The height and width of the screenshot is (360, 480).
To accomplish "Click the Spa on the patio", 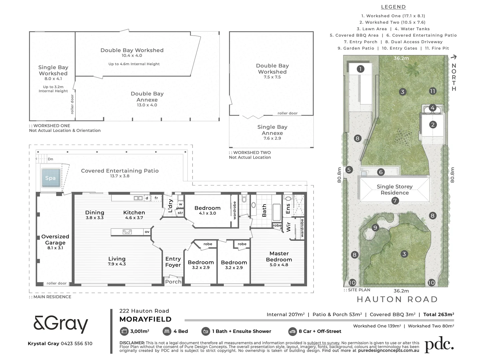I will tap(51, 178).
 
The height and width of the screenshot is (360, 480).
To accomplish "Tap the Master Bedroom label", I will tap(279, 257).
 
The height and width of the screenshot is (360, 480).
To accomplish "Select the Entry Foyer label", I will tap(173, 262).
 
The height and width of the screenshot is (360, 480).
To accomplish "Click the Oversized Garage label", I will tap(55, 240).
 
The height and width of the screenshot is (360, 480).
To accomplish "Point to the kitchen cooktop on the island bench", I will tap(127, 232).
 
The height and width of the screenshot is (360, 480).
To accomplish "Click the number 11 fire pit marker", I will tap(432, 91).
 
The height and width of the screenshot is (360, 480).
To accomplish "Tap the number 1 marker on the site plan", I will tap(360, 69).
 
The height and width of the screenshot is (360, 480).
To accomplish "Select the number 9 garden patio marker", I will tap(375, 228).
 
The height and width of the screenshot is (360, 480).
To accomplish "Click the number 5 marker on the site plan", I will tap(349, 170).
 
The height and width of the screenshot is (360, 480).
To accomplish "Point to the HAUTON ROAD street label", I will tap(397, 299).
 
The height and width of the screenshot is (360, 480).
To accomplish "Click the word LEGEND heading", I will tap(393, 7).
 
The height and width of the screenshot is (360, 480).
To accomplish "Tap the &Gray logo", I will tap(61, 324).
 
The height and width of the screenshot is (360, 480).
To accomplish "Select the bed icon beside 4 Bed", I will tap(167, 331).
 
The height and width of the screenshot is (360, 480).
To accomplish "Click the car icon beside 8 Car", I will tap(292, 331).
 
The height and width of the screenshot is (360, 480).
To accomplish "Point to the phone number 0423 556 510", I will tap(76, 344).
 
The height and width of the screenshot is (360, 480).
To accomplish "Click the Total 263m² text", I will tap(438, 314).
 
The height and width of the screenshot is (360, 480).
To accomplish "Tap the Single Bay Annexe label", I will tap(272, 130).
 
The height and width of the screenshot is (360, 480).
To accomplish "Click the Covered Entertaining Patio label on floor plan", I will tap(120, 171).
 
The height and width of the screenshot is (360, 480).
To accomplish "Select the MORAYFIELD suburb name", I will tap(145, 319).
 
